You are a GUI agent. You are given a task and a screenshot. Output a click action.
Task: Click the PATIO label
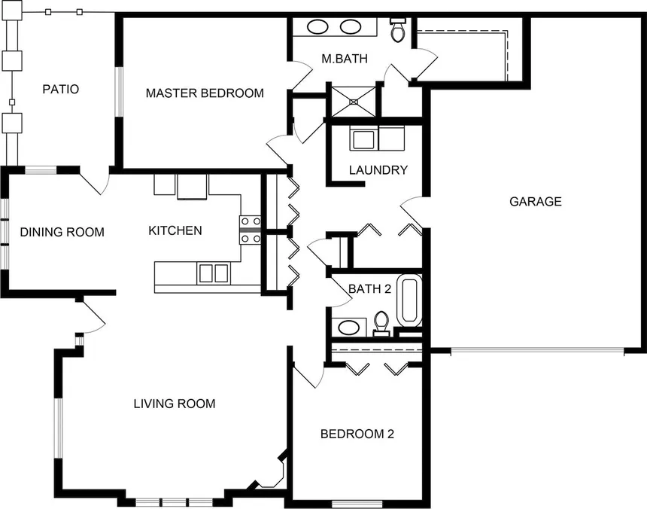(61, 89)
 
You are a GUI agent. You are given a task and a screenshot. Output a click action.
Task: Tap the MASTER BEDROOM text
(205, 93)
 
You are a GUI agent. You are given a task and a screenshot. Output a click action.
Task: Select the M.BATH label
(345, 59)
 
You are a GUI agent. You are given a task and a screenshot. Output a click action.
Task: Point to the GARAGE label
(536, 202)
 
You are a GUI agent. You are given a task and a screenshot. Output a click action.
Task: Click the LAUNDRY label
(378, 170)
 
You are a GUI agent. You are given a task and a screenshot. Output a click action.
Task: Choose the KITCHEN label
(175, 230)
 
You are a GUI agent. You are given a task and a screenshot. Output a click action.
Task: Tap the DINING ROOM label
(62, 232)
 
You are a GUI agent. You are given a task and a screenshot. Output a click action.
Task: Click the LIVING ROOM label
(175, 404)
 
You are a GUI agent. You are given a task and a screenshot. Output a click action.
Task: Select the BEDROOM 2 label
(357, 434)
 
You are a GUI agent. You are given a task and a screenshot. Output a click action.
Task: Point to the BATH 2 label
(369, 288)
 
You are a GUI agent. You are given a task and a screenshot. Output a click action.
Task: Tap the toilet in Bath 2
(381, 324)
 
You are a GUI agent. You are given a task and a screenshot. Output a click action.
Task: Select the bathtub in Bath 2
(409, 300)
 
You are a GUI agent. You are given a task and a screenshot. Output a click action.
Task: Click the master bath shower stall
(354, 102)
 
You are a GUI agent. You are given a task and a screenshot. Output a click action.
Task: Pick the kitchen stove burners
(251, 230)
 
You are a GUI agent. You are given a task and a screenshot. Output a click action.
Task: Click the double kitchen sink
(213, 273)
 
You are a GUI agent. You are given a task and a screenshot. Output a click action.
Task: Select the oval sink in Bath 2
(349, 328)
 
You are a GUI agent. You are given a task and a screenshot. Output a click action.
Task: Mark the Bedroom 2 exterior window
(357, 504)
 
